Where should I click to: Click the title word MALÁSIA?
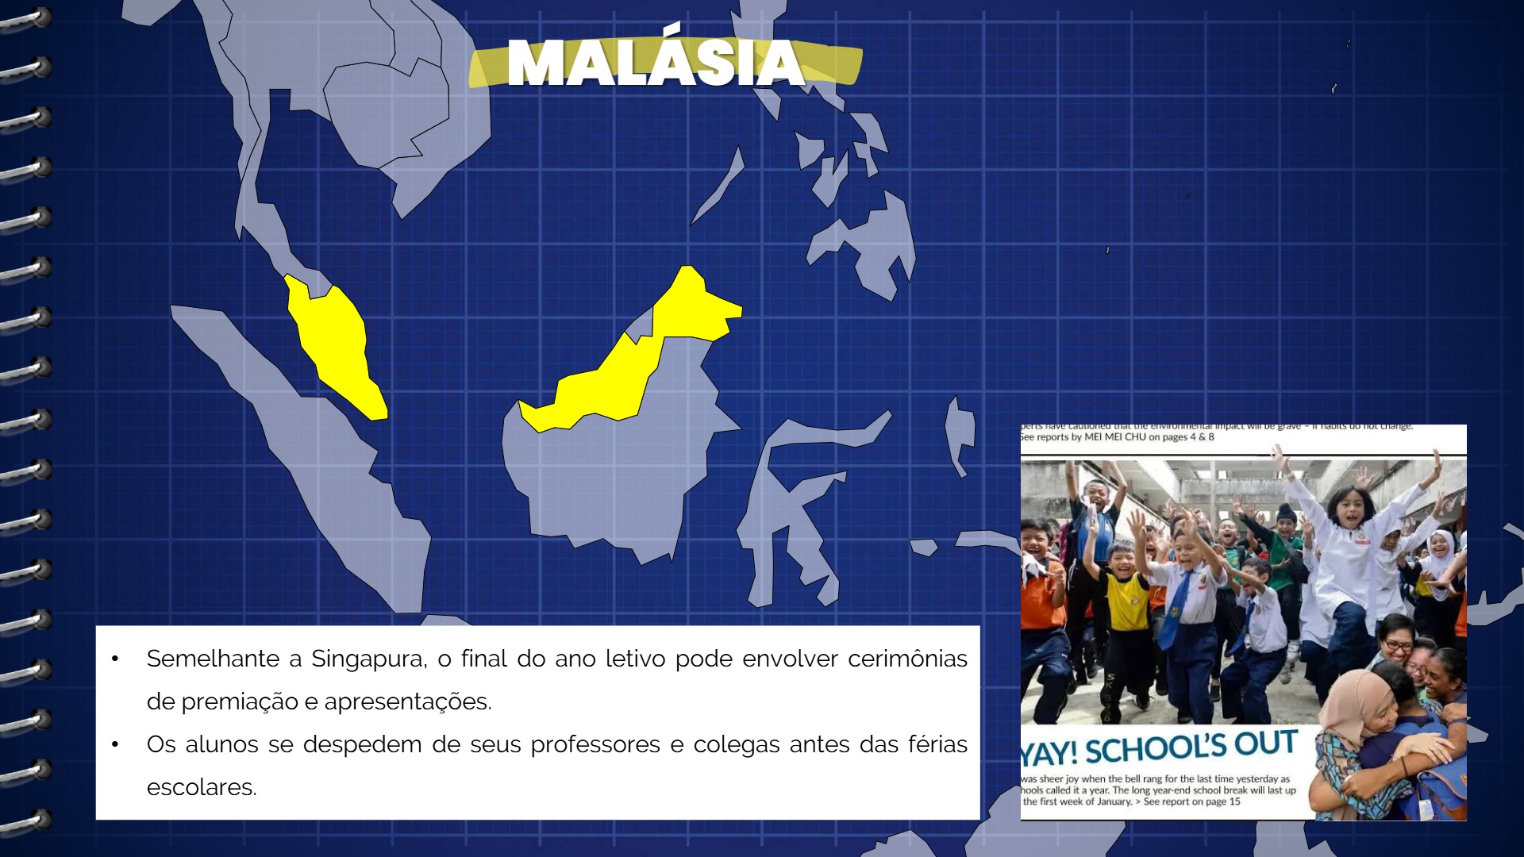point(656,63)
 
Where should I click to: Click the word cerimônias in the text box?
point(907,659)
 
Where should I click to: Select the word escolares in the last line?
point(201,787)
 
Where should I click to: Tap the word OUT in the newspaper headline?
point(1265,744)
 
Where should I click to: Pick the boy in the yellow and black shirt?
point(1126,603)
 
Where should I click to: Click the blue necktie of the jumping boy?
point(1173,611)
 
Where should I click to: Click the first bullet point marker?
point(116,659)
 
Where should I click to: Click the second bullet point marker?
point(116,744)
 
